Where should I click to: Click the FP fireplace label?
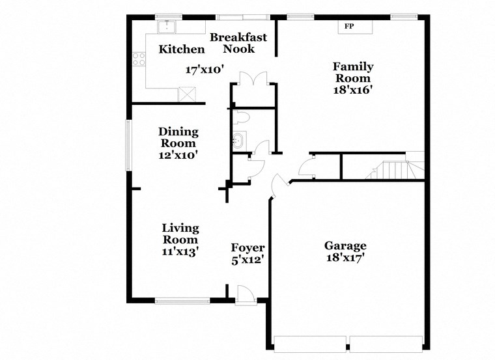pyautogui.click(x=350, y=27)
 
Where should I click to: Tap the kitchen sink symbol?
pyautogui.click(x=168, y=27)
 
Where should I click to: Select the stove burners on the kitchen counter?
pyautogui.click(x=139, y=59)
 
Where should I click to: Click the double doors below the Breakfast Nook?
pyautogui.click(x=251, y=79)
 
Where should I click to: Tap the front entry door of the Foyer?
pyautogui.click(x=246, y=294)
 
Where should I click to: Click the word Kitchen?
pyautogui.click(x=182, y=49)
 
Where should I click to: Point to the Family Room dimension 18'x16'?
pyautogui.click(x=352, y=90)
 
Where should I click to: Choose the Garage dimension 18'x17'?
pyautogui.click(x=345, y=258)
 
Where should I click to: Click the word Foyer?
pyautogui.click(x=248, y=248)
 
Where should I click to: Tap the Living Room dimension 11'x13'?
pyautogui.click(x=180, y=251)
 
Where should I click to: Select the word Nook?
pyautogui.click(x=239, y=49)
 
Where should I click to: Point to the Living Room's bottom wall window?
pyautogui.click(x=182, y=300)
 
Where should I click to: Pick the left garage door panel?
pyautogui.click(x=310, y=344)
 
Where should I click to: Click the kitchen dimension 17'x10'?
pyautogui.click(x=205, y=69)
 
